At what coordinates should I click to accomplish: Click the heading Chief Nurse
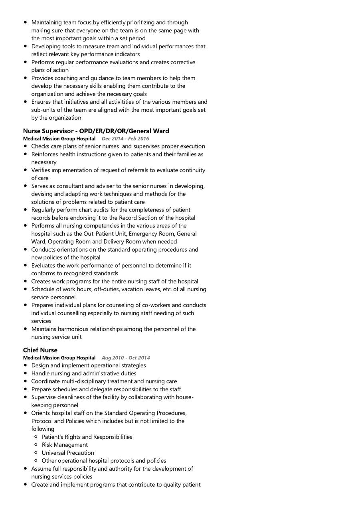(40, 350)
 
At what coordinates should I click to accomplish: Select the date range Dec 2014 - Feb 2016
(125, 139)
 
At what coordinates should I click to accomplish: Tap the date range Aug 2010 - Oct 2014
(126, 358)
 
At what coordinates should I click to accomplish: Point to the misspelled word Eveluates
(44, 266)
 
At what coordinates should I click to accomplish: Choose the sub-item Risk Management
(65, 445)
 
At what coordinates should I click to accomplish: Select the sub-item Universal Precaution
(68, 453)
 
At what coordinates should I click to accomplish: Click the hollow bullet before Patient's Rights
(36, 437)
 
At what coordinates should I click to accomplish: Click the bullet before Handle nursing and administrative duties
(26, 373)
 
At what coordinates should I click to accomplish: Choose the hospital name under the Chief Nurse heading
(59, 358)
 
